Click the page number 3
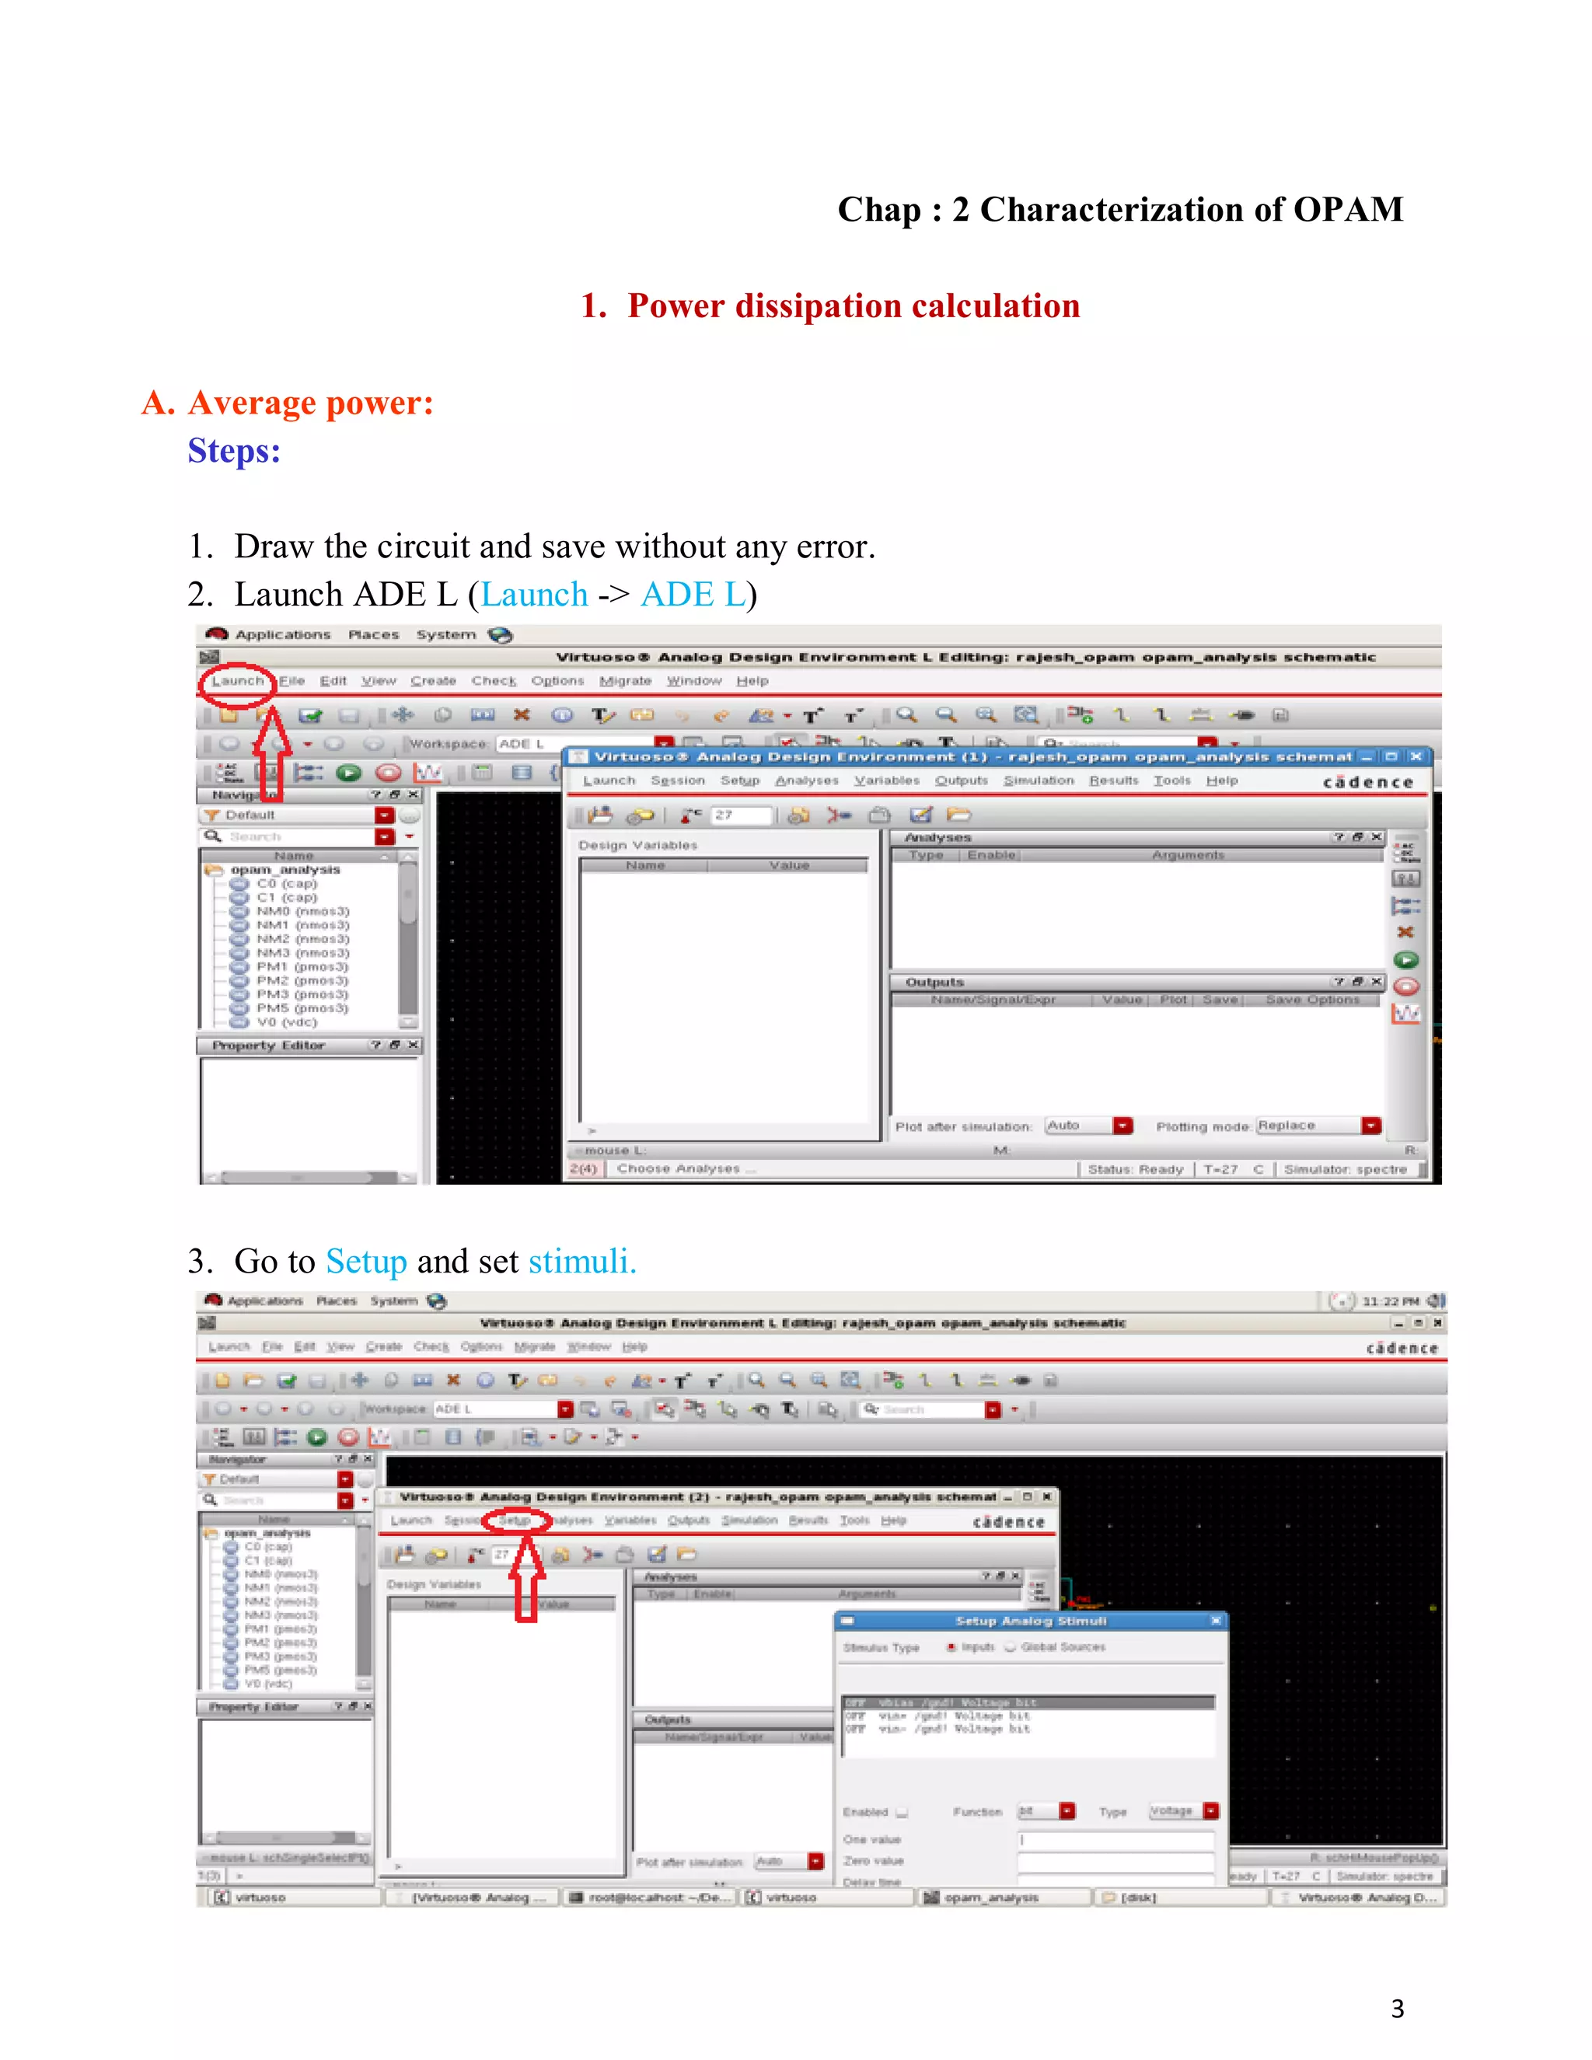(x=1397, y=2009)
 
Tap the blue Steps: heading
(x=234, y=451)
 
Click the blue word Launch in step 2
(x=534, y=594)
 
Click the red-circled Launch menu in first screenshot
(x=237, y=681)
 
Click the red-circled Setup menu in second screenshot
(x=515, y=1521)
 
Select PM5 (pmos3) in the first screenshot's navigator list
(x=301, y=1008)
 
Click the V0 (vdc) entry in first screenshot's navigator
(x=286, y=1022)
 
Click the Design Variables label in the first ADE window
(x=637, y=845)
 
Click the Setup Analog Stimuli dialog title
(x=1030, y=1621)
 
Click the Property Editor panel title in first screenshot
(x=268, y=1045)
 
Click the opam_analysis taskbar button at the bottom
(x=990, y=1897)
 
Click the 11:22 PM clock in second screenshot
(x=1389, y=1301)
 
